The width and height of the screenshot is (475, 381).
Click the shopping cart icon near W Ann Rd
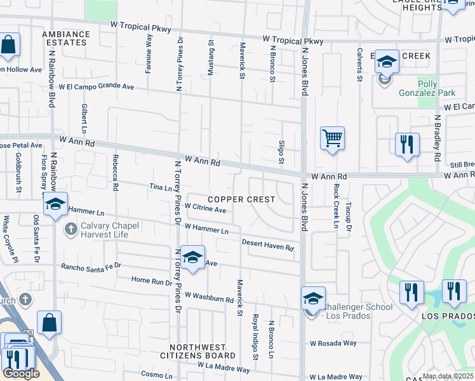332,138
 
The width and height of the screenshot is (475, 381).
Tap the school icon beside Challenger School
313,298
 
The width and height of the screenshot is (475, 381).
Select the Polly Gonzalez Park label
437,88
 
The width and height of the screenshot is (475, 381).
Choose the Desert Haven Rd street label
268,244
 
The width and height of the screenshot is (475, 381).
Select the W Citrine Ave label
205,209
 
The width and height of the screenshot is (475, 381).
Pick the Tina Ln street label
161,187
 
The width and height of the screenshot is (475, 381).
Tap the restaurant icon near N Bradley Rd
407,144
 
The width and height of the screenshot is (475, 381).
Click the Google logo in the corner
20,373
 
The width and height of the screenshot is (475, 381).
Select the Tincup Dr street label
348,218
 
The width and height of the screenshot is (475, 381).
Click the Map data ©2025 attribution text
447,376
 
